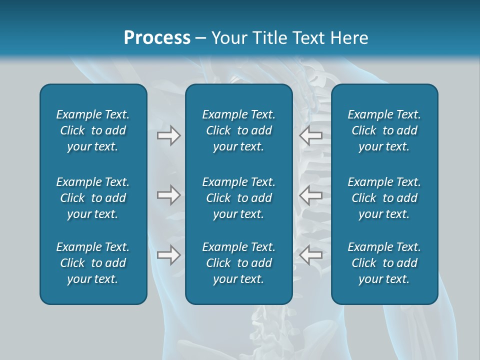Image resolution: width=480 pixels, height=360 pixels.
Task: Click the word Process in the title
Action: pyautogui.click(x=157, y=38)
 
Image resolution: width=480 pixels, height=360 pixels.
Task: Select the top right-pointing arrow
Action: pyautogui.click(x=168, y=135)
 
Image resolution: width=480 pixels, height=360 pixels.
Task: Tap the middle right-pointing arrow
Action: pyautogui.click(x=168, y=195)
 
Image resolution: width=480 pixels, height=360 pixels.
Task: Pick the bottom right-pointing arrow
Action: pyautogui.click(x=168, y=255)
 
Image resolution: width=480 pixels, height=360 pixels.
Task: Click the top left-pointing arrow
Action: pyautogui.click(x=311, y=135)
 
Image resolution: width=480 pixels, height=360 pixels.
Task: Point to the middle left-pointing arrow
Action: pyautogui.click(x=311, y=195)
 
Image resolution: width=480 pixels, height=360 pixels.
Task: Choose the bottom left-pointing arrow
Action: pyautogui.click(x=311, y=255)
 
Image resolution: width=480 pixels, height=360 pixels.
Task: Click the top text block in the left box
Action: pyautogui.click(x=93, y=130)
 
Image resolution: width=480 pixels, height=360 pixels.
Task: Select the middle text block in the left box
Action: pyautogui.click(x=93, y=198)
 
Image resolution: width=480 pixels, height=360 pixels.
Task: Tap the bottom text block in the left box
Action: pyautogui.click(x=93, y=263)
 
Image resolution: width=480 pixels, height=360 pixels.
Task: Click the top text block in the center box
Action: pyautogui.click(x=239, y=130)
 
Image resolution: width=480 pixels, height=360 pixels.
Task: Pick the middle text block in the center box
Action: pyautogui.click(x=239, y=198)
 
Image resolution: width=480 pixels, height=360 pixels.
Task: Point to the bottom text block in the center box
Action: pyautogui.click(x=239, y=263)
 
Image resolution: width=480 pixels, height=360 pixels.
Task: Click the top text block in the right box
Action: pyautogui.click(x=384, y=130)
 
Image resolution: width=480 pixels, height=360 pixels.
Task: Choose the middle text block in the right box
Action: pyautogui.click(x=384, y=198)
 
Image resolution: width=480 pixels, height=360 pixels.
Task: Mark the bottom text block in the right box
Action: pyautogui.click(x=384, y=263)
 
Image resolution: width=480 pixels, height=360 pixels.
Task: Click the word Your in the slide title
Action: pyautogui.click(x=228, y=38)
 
